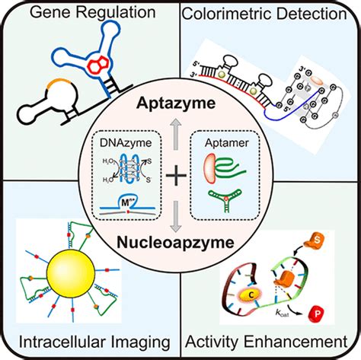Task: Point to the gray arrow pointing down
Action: click(x=180, y=221)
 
